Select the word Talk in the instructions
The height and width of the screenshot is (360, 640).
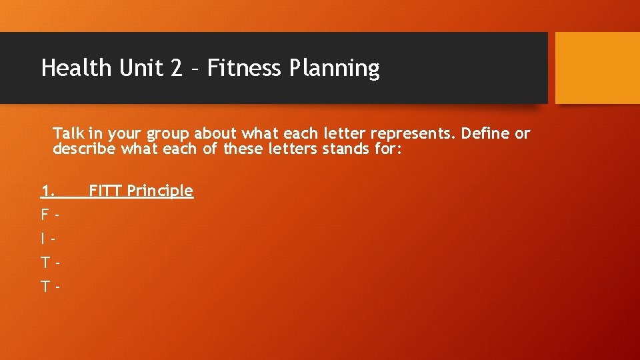(69, 133)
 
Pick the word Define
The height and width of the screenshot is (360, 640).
(486, 133)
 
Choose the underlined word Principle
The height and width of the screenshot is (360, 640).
(160, 192)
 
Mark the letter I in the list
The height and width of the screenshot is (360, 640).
(43, 239)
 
